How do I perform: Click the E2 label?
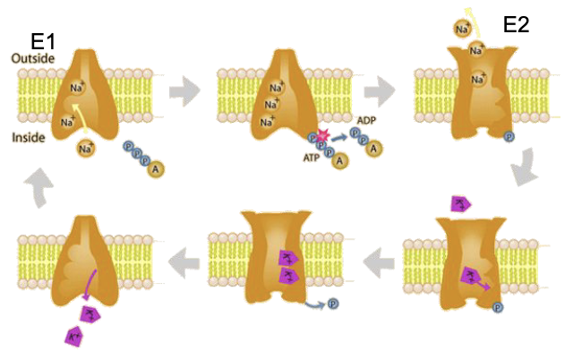pyautogui.click(x=517, y=24)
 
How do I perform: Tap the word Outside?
pyautogui.click(x=32, y=59)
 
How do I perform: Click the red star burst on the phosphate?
pyautogui.click(x=321, y=135)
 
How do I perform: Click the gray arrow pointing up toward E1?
pyautogui.click(x=40, y=190)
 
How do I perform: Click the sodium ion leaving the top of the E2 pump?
pyautogui.click(x=463, y=29)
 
